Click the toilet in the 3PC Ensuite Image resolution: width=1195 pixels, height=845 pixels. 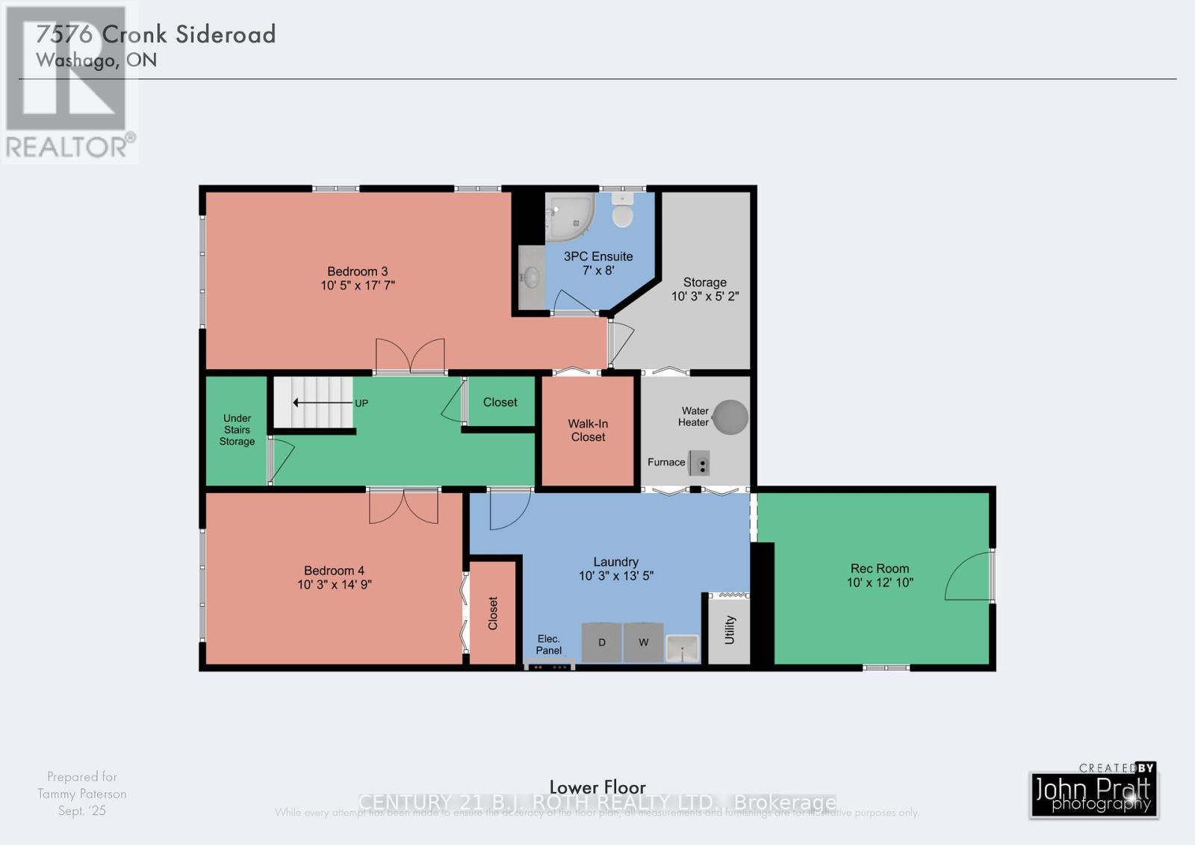point(622,212)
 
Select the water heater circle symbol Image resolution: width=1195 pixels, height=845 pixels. point(730,417)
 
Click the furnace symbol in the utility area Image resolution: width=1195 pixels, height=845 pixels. point(699,463)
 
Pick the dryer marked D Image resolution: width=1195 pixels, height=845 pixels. point(601,643)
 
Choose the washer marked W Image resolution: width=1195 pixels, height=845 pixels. point(643,643)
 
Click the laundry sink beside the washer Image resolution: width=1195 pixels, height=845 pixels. point(682,648)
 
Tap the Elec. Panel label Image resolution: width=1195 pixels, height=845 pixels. point(549,645)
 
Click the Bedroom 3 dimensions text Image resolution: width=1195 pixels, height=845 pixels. point(358,285)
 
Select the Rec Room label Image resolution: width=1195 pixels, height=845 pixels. point(880,569)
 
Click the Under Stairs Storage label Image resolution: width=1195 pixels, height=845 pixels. point(237,430)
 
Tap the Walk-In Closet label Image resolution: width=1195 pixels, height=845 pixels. point(589,430)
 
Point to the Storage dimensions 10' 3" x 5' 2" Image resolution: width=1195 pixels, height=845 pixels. point(705,297)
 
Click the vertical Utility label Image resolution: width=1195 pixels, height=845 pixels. point(730,630)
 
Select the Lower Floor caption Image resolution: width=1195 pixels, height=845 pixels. point(597,787)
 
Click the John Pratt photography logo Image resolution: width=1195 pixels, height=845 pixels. point(1093,793)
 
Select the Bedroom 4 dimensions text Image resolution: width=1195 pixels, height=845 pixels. point(334,585)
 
